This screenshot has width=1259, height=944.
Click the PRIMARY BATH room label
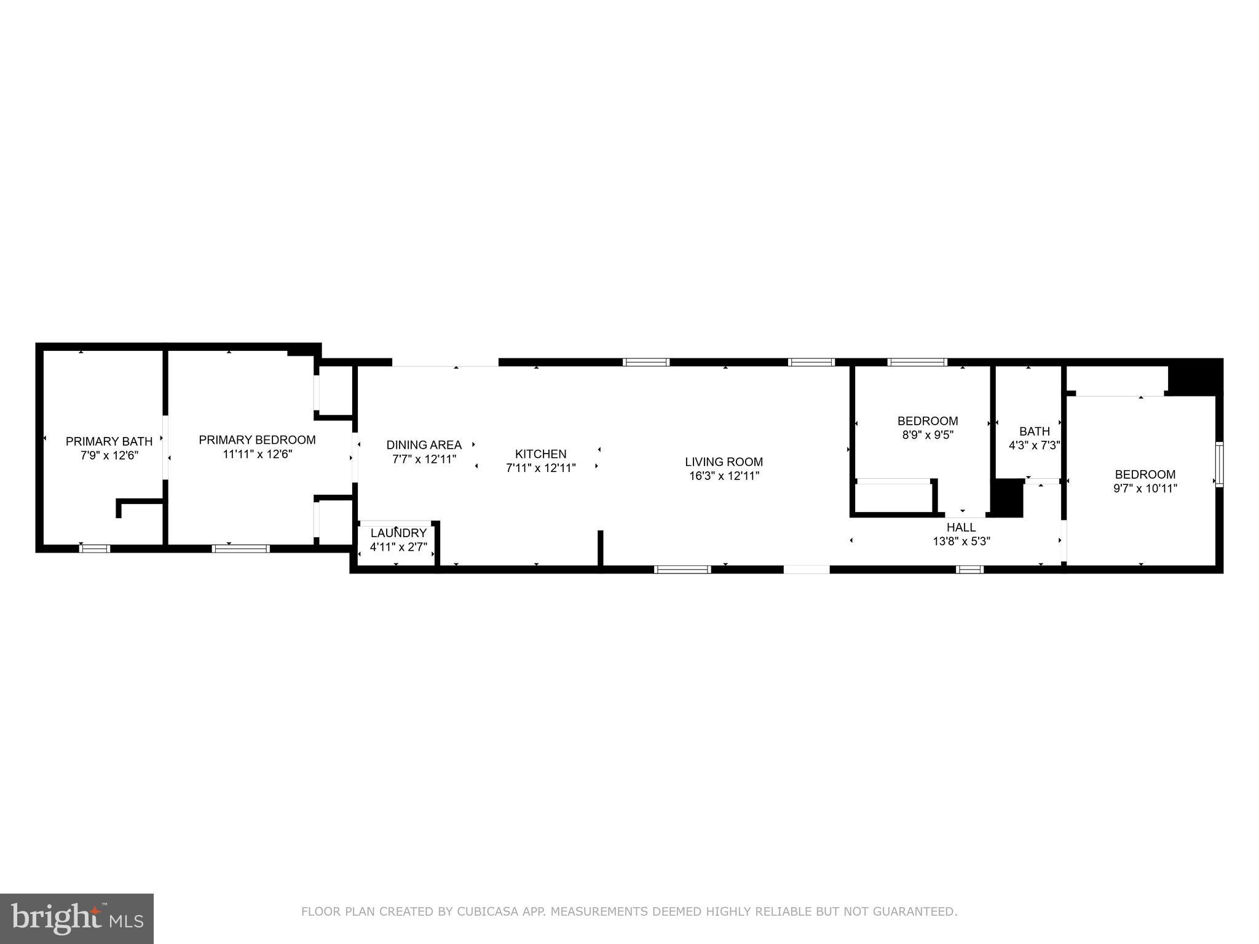pos(109,441)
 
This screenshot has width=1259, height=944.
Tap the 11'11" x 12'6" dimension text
pos(257,454)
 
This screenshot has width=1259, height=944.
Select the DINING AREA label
pos(424,445)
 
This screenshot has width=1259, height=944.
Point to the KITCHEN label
pos(540,454)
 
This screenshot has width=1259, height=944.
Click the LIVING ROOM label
pos(724,462)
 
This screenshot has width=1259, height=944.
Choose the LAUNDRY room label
pos(398,533)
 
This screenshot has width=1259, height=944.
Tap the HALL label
pos(961,527)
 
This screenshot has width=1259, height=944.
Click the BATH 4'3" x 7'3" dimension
pos(1034,445)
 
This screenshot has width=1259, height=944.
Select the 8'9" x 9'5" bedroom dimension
pos(927,435)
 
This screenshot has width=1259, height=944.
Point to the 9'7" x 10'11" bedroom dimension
pos(1145,489)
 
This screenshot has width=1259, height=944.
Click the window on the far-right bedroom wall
pos(1219,464)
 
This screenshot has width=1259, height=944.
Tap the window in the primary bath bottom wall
pos(95,548)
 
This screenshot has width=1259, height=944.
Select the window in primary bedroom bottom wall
pos(240,548)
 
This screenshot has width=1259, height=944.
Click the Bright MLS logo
pos(76,918)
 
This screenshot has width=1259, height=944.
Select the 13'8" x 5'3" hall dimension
pos(961,541)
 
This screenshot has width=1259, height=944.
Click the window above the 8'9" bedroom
pos(917,363)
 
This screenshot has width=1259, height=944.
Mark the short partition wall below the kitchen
pos(601,548)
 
